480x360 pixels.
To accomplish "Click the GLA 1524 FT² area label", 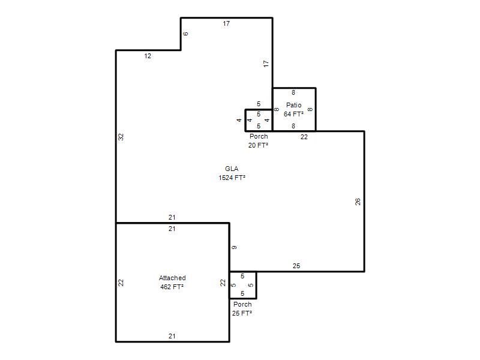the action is pyautogui.click(x=232, y=173).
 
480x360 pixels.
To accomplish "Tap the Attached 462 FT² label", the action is pyautogui.click(x=172, y=282).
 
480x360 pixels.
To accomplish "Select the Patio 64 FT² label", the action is pyautogui.click(x=293, y=110).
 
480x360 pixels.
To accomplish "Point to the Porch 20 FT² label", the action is pyautogui.click(x=259, y=141).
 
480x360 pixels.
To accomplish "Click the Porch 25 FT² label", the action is pyautogui.click(x=242, y=308).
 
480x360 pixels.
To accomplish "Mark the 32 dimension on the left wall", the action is pyautogui.click(x=121, y=137).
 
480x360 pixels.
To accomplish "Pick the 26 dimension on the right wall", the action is pyautogui.click(x=358, y=202).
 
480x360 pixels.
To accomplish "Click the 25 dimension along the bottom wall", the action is pyautogui.click(x=296, y=266).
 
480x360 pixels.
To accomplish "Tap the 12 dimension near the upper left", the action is pyautogui.click(x=148, y=56).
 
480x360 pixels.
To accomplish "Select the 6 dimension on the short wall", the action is pyautogui.click(x=185, y=34).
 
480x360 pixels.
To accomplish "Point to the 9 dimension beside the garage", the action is pyautogui.click(x=234, y=247).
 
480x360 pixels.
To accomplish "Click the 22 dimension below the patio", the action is pyautogui.click(x=304, y=137).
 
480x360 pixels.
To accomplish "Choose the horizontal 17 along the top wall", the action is pyautogui.click(x=226, y=23).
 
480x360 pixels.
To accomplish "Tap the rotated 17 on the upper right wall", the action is pyautogui.click(x=266, y=64).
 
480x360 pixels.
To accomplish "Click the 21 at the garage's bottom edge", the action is pyautogui.click(x=172, y=336).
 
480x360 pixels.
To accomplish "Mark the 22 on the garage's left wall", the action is pyautogui.click(x=121, y=283).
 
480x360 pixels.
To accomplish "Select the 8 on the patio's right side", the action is pyautogui.click(x=310, y=109).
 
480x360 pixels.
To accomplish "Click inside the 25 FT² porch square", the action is pyautogui.click(x=243, y=285).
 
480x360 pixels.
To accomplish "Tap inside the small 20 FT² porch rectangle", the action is pyautogui.click(x=259, y=121).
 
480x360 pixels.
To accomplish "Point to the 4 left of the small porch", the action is pyautogui.click(x=239, y=121).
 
